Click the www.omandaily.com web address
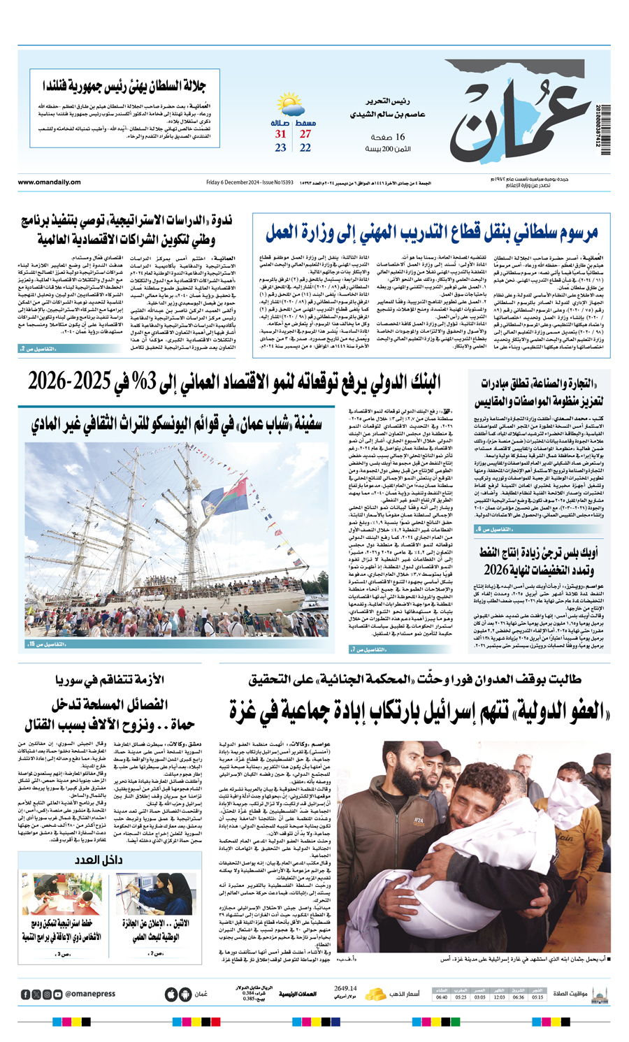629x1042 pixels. click(x=50, y=183)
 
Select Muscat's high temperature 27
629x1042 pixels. click(x=305, y=133)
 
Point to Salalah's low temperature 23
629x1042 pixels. click(x=280, y=148)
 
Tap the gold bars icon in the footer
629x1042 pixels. click(x=376, y=994)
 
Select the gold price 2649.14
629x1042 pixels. click(x=345, y=988)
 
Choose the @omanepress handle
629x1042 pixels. click(x=90, y=994)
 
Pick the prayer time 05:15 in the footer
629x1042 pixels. click(x=537, y=997)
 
